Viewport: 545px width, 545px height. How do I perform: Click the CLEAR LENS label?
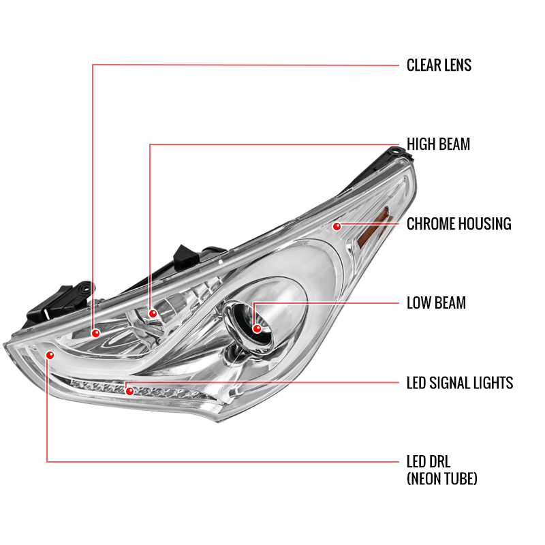pos(439,65)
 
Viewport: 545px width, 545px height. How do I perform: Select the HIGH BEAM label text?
pos(438,144)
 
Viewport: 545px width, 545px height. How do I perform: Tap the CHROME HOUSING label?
pos(458,224)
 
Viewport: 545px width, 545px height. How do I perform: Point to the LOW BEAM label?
pos(436,302)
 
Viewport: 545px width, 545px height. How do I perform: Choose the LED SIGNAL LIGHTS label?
pos(460,383)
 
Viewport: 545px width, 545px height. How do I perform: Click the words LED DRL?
pos(429,462)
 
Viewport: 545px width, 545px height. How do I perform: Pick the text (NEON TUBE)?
pos(441,479)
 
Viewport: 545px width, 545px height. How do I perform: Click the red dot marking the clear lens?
pos(95,333)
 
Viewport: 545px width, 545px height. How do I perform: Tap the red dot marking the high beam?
pos(153,313)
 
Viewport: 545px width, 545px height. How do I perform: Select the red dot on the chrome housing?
pos(337,227)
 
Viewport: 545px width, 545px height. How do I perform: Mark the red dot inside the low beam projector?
pos(257,328)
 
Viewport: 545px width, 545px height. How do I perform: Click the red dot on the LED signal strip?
pos(129,391)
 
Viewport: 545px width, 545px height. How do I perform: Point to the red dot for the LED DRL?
pos(50,355)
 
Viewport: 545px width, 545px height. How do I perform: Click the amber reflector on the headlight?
pos(374,228)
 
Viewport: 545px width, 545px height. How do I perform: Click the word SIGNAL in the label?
pos(452,383)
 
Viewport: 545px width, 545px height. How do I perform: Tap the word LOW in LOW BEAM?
pos(418,302)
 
